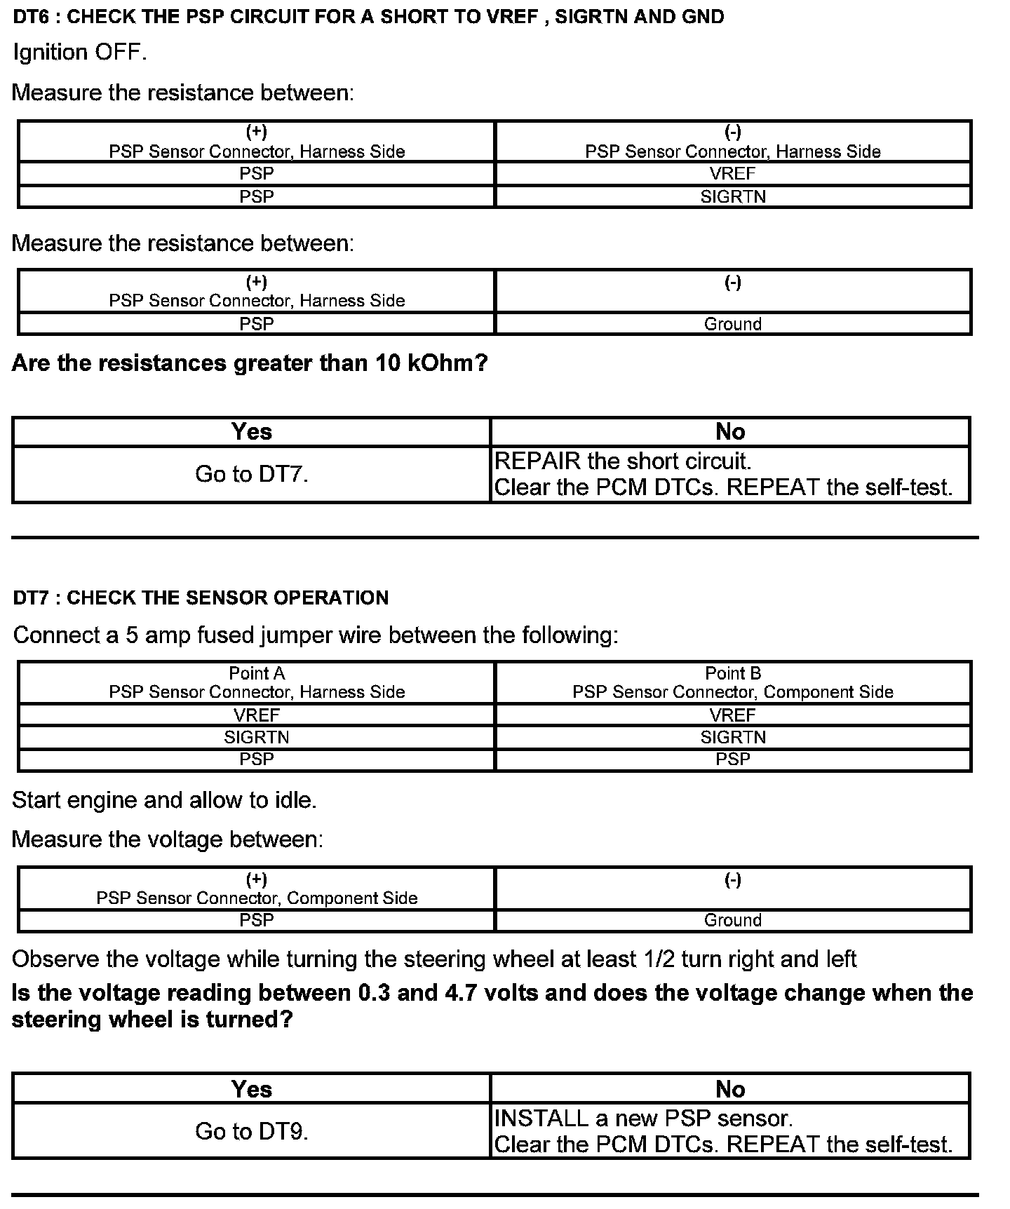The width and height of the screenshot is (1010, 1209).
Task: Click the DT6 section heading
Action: coord(368,17)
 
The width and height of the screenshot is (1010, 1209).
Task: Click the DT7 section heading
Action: coord(201,597)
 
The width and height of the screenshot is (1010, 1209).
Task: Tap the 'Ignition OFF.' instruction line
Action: coord(80,53)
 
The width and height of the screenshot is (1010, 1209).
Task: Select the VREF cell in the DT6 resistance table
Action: coord(733,173)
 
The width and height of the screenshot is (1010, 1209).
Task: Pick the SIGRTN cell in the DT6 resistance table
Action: coord(733,196)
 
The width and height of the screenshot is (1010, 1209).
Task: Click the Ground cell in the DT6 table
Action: coord(733,324)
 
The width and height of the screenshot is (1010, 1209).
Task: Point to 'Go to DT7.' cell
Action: coord(252,475)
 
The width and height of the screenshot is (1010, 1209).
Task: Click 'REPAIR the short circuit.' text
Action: coord(623,461)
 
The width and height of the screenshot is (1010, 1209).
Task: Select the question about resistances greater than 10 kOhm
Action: coord(249,363)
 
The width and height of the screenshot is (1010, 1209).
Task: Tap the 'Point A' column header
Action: coord(257,673)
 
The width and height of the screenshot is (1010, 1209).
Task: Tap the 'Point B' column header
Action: coord(733,673)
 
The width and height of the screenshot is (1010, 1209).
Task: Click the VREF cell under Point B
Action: coord(733,715)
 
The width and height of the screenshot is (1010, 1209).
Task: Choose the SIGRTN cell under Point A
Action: coord(257,737)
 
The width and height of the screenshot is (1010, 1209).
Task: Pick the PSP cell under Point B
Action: coord(733,759)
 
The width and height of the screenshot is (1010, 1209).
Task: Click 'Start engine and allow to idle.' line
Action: coord(165,800)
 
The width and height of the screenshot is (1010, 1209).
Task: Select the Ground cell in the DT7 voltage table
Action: coord(733,920)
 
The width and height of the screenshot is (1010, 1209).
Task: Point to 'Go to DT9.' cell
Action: coord(252,1131)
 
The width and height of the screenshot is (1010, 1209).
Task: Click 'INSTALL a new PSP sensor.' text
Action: coord(644,1118)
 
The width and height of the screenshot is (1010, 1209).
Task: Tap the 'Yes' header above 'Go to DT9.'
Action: coord(252,1089)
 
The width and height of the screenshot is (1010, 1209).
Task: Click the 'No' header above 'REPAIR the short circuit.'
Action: coord(730,432)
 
